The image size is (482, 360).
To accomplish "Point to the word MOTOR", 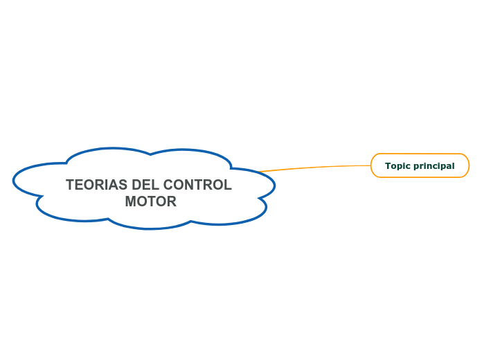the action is point(150,201).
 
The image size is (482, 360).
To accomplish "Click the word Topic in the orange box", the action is point(398,166).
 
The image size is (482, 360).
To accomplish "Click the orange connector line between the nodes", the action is point(315,167).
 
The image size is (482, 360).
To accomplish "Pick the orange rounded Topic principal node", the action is point(420,165).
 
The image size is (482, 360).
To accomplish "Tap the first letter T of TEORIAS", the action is point(70,186).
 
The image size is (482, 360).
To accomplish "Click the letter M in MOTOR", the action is point(131,201).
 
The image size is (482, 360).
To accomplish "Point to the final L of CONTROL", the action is point(228,186).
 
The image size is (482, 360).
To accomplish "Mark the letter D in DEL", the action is point(136,186).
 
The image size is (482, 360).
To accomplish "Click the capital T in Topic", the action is point(389,166).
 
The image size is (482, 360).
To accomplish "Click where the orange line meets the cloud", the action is point(260,171).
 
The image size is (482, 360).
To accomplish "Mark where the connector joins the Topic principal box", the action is point(371,165).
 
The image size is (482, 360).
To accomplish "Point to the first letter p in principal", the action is point(416,167).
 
